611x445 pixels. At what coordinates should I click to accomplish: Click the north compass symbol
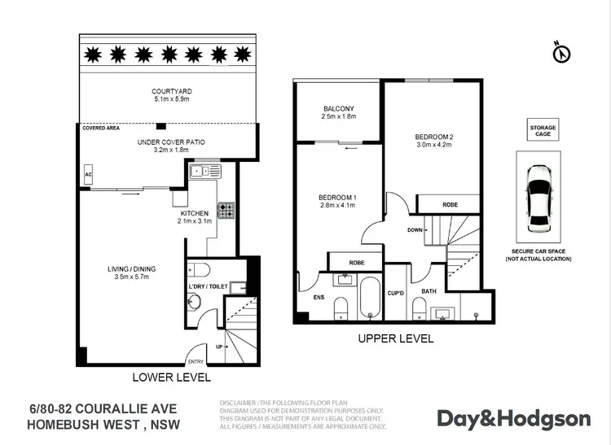coord(560,53)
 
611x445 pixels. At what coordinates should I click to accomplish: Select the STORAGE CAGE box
coord(543,131)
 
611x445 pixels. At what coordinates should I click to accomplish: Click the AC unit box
coord(87,174)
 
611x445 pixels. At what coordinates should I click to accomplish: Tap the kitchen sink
coord(200,171)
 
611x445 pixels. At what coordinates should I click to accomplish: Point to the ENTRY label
coord(196,362)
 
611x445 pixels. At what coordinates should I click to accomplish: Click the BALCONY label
coord(338,109)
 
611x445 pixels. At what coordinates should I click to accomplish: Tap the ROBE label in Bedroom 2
coord(450,204)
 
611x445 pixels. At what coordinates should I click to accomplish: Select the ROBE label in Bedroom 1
coord(356,263)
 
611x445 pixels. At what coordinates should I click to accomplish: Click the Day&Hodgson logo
coord(513,418)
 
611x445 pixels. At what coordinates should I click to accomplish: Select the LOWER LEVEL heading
coord(171,377)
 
